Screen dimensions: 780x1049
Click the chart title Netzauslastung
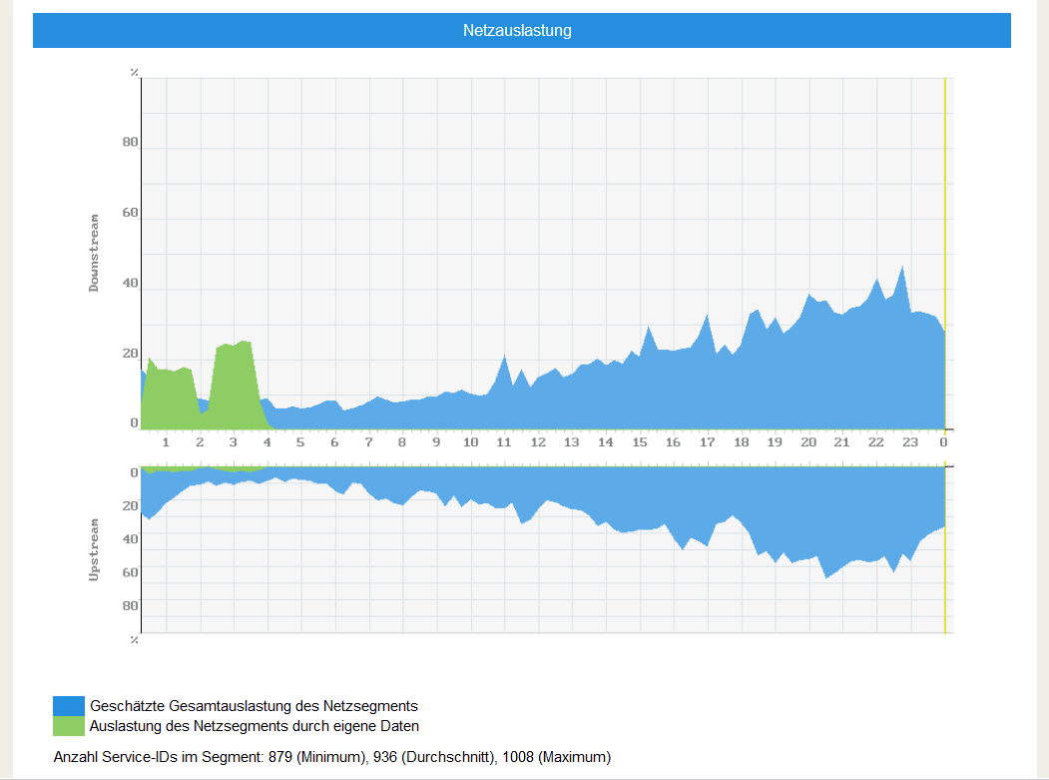517,31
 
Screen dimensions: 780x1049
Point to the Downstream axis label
95,253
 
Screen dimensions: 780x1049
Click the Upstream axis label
95,549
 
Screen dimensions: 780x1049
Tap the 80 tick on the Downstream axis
130,142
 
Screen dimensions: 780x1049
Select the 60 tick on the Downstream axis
130,213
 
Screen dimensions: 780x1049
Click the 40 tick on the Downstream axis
130,284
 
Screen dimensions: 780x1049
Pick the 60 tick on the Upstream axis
130,572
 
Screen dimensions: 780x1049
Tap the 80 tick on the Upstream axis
130,605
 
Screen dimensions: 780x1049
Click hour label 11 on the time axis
504,442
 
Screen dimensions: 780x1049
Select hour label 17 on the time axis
707,442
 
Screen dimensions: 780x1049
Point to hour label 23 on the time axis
909,442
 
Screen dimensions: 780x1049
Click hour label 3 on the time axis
234,442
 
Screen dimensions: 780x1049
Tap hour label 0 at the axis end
943,442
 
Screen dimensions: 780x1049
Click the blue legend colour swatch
69,706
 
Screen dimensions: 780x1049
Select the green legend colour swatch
69,726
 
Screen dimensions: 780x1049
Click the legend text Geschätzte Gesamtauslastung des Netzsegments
254,706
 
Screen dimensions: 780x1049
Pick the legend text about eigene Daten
255,726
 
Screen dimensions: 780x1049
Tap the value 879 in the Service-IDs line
280,757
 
